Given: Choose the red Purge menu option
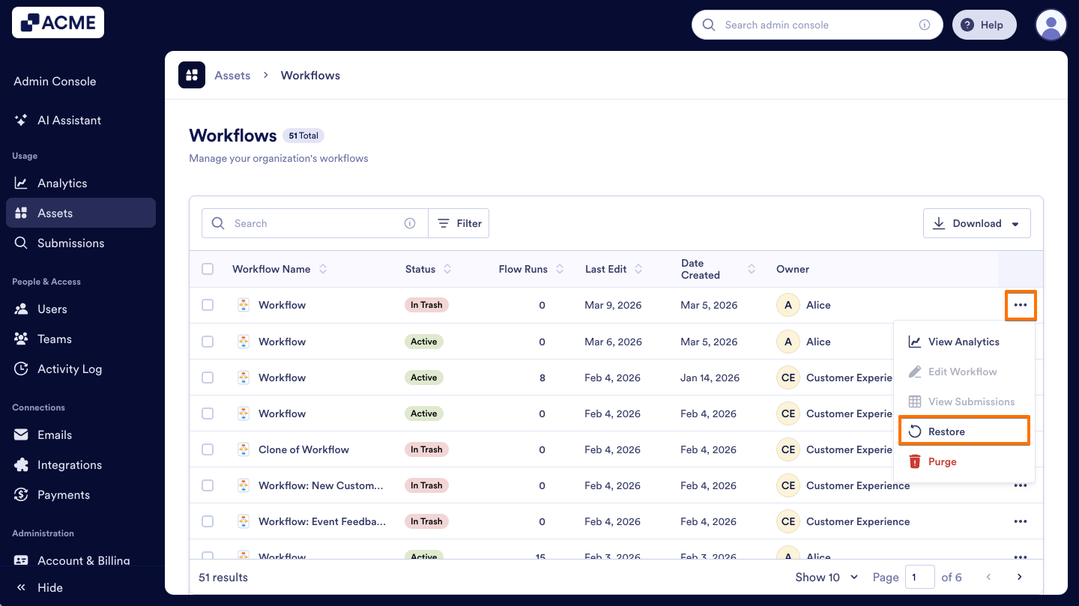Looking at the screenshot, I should click(942, 461).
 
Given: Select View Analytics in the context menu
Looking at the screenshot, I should click(963, 342).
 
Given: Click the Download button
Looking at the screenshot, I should click(976, 223).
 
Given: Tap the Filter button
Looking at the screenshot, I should click(459, 223).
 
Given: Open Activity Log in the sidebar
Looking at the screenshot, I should click(69, 369).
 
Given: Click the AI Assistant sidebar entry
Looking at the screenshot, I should click(69, 120).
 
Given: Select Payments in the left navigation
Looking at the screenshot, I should click(63, 494).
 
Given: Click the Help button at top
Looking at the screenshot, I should click(983, 25).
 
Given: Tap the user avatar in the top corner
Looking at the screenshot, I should click(1051, 25).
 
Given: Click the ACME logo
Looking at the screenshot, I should click(58, 22).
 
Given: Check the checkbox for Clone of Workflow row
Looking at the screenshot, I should click(208, 449).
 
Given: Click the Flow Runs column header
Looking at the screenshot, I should click(523, 269).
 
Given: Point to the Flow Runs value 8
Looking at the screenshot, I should click(542, 378).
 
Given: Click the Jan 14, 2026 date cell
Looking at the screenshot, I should click(710, 378).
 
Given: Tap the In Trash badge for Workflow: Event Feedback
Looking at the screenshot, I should click(426, 521).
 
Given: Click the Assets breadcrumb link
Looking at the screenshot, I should click(232, 75).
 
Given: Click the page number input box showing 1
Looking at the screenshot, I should click(919, 577).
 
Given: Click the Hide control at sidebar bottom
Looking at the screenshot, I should click(49, 587).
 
